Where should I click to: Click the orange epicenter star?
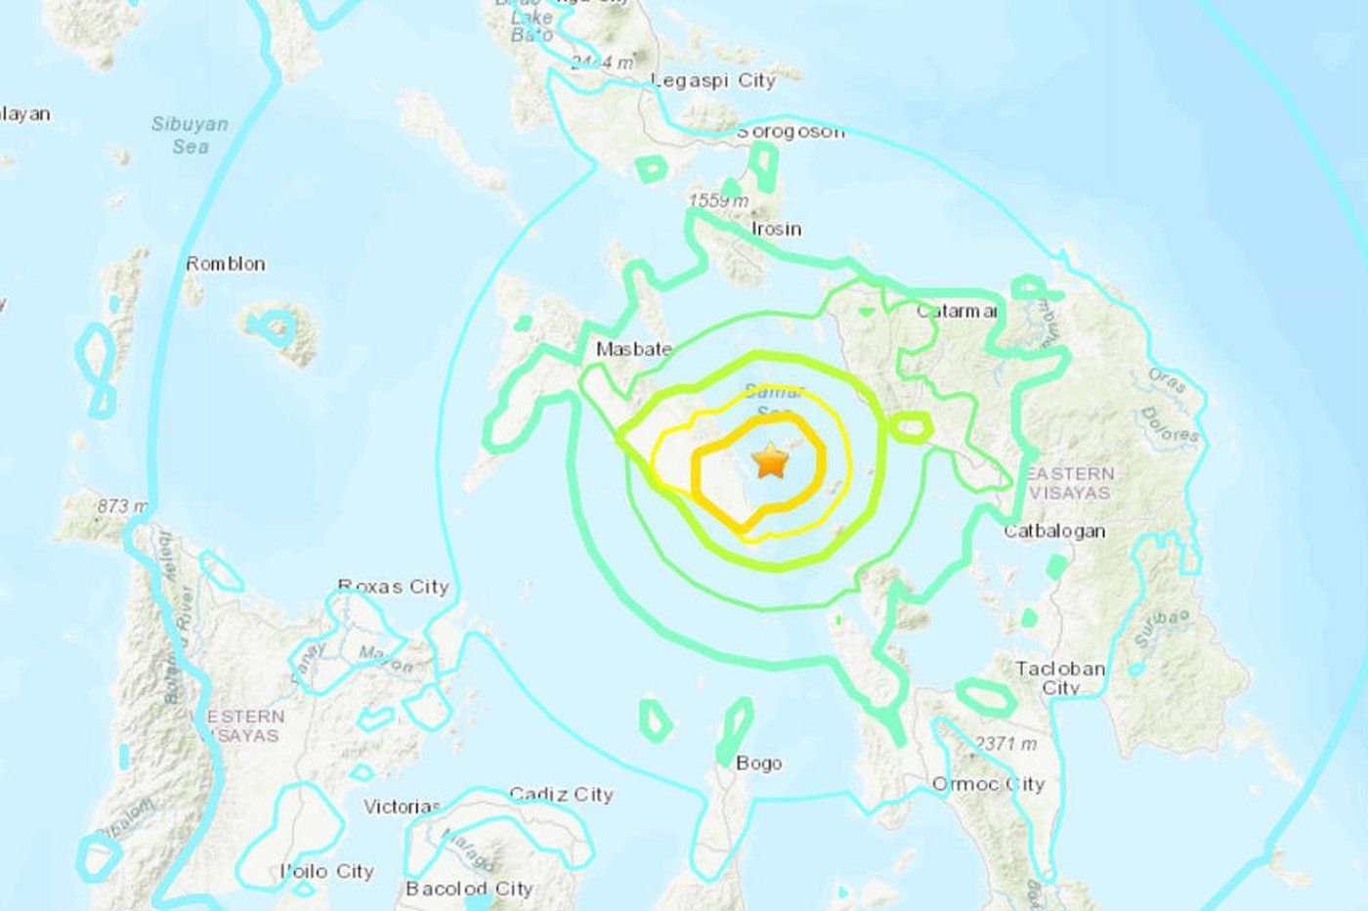(x=771, y=460)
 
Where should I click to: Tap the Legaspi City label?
(x=713, y=81)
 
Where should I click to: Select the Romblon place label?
(x=226, y=264)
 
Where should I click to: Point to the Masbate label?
(x=634, y=349)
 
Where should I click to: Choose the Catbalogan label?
(x=1055, y=532)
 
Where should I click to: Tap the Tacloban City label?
(x=1060, y=677)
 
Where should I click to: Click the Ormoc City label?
(x=988, y=784)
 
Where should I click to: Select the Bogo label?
(x=759, y=763)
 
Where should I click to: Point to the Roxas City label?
(x=393, y=586)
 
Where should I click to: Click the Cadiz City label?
(x=561, y=795)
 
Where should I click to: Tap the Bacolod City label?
(x=469, y=889)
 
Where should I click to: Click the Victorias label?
(x=402, y=807)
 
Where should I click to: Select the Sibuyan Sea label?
(x=190, y=135)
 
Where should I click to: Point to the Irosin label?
(x=776, y=229)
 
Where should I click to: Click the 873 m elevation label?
(x=122, y=506)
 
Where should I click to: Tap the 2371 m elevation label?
(x=1006, y=745)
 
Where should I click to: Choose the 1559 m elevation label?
(x=718, y=201)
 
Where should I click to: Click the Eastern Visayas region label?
(x=1069, y=483)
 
